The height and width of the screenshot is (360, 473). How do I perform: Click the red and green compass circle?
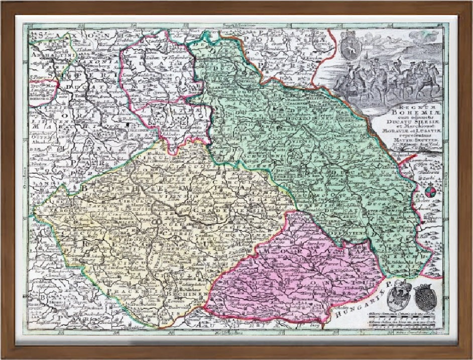click(x=430, y=191)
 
